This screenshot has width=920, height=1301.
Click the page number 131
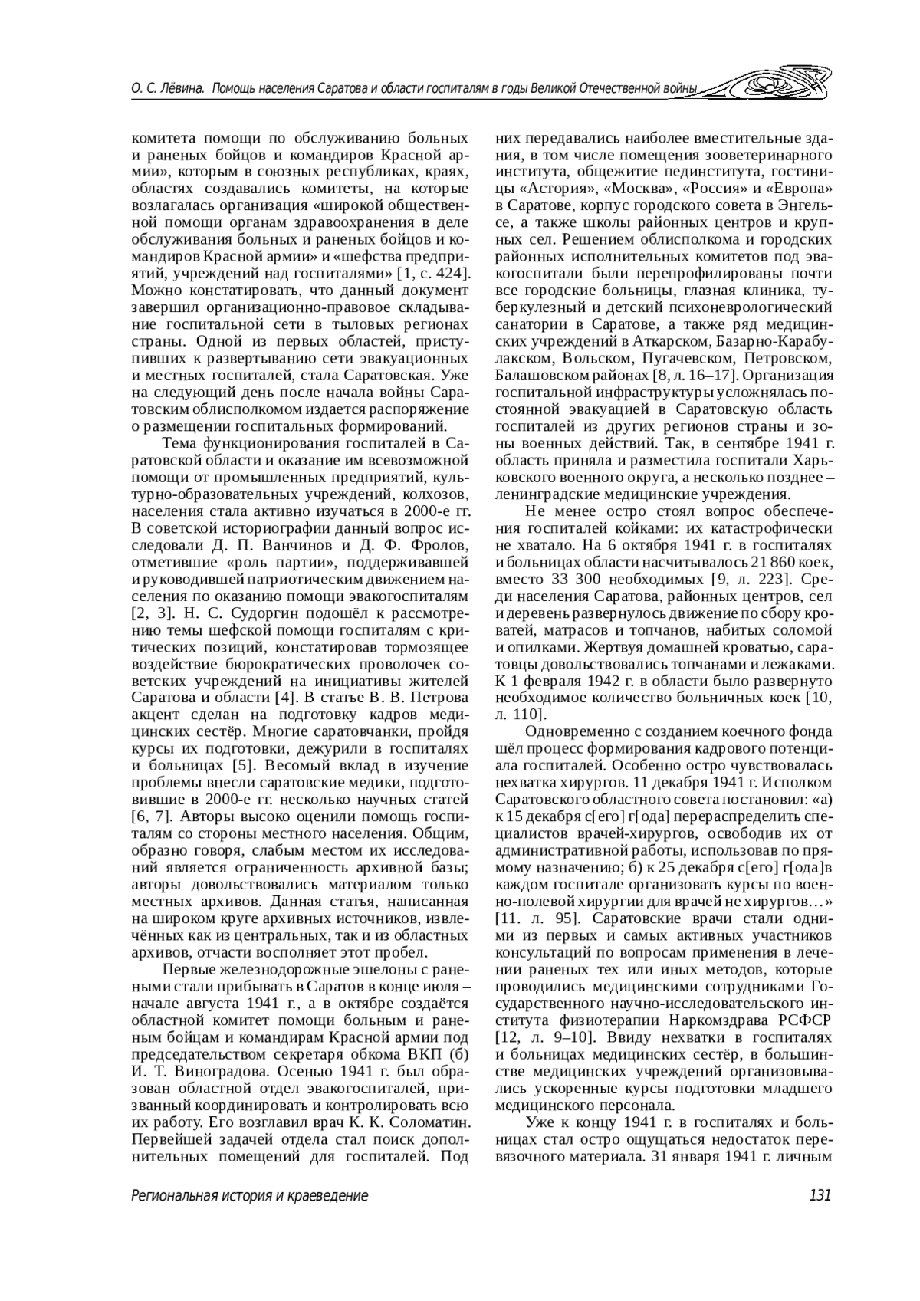tap(819, 1195)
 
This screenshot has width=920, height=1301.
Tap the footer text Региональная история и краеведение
tap(249, 1195)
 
